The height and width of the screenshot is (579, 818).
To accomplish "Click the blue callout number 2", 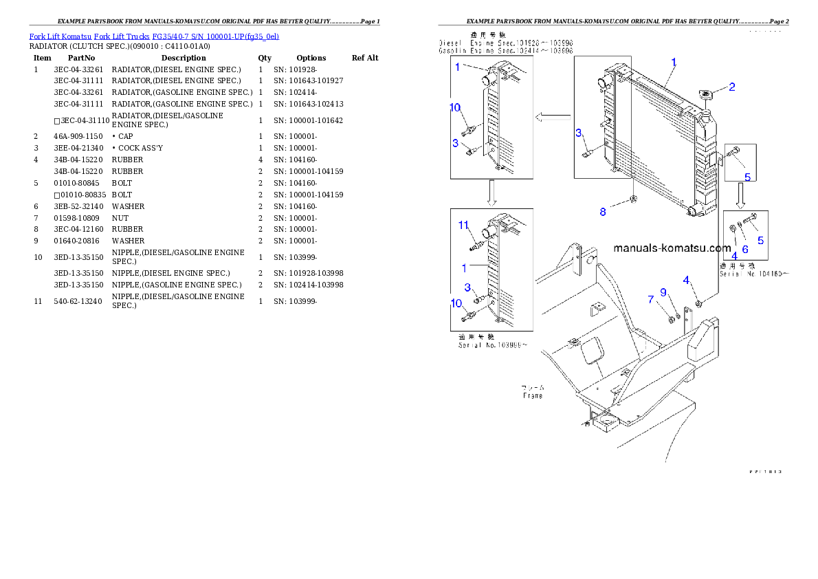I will [732, 87].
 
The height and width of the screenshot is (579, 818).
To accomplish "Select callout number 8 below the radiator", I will [603, 212].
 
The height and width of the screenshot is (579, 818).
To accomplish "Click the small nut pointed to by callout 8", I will [634, 200].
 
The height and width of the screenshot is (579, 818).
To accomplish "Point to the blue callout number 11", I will [463, 225].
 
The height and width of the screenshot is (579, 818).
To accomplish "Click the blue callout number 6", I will [744, 250].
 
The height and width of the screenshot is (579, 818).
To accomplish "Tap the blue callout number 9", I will [663, 292].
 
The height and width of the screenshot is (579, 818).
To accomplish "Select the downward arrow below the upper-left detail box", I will [491, 194].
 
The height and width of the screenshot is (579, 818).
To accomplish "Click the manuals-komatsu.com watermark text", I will [672, 248].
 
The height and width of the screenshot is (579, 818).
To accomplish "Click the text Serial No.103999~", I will [492, 345].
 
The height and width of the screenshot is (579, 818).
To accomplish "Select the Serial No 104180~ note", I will [753, 274].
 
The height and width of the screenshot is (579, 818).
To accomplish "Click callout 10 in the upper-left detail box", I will [455, 107].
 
